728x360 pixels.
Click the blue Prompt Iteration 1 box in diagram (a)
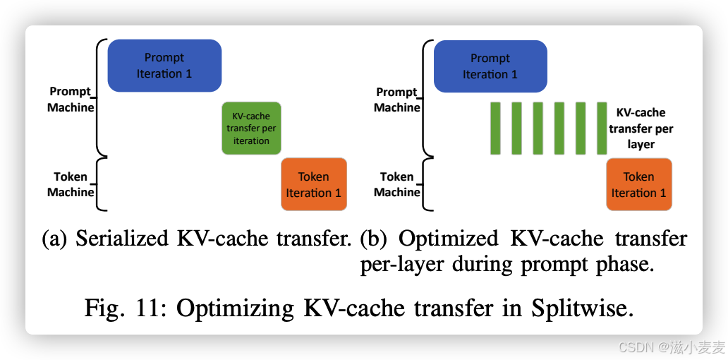[x=164, y=66]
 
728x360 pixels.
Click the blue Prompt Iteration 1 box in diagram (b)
[x=490, y=66]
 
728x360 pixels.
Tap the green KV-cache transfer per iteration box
[x=251, y=128]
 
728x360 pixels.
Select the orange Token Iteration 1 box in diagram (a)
[x=314, y=184]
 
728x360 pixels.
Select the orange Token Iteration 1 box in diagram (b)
[x=638, y=184]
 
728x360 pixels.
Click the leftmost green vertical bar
[x=495, y=128]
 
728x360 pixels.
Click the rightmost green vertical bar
[x=602, y=128]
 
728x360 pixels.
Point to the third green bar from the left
[x=538, y=128]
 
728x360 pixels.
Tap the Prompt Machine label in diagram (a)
[x=71, y=100]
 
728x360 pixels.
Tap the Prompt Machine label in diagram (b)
[x=397, y=100]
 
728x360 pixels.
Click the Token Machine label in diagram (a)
[x=71, y=184]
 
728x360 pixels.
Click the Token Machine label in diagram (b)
[x=397, y=184]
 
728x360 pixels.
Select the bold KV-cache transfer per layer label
[x=641, y=128]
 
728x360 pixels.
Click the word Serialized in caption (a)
[x=123, y=239]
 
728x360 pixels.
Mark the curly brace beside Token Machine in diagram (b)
[x=426, y=184]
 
